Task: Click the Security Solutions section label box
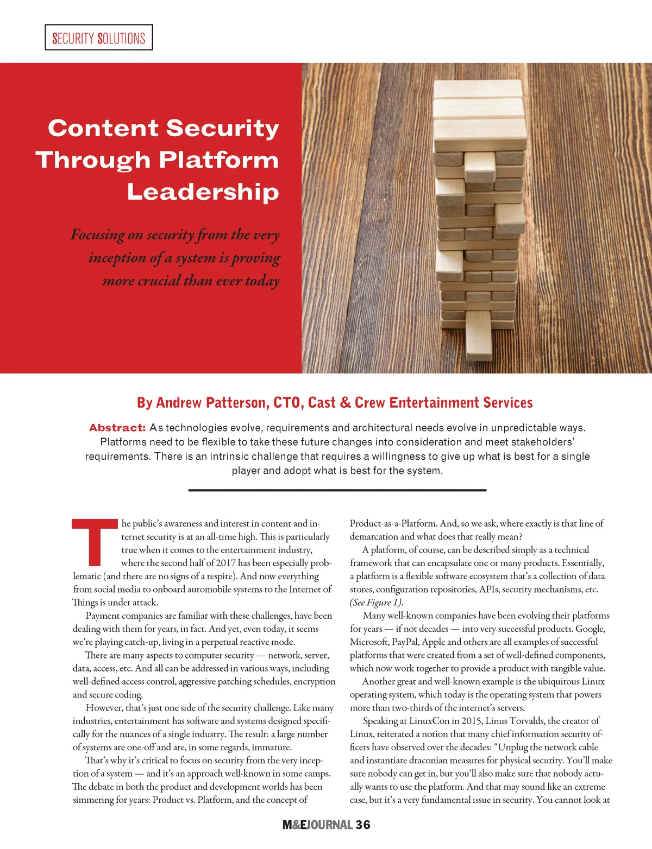[x=98, y=38]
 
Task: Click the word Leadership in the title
[x=203, y=192]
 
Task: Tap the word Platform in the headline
[x=218, y=160]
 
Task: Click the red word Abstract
[x=117, y=428]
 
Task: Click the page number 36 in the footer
[x=363, y=825]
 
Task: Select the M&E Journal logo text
[x=318, y=825]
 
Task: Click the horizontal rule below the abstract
[x=337, y=490]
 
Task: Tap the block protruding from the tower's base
[x=479, y=335]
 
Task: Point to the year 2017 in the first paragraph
[x=225, y=563]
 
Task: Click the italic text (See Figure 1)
[x=377, y=603]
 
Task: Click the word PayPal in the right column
[x=406, y=642]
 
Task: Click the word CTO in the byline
[x=287, y=403]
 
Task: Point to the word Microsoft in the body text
[x=369, y=642]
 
